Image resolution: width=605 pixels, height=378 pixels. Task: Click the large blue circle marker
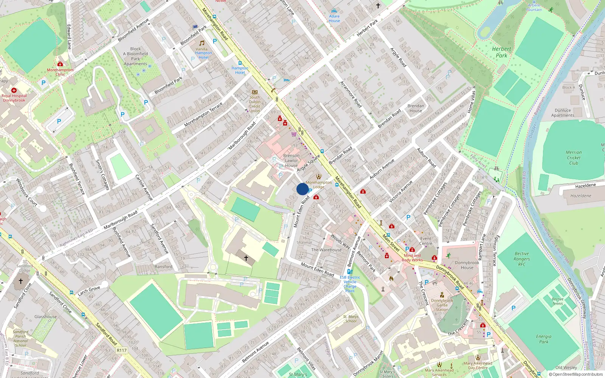(302, 189)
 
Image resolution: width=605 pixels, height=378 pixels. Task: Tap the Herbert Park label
(501, 52)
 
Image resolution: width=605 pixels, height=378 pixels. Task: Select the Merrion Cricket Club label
(574, 158)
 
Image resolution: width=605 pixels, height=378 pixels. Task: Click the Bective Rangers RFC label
(521, 259)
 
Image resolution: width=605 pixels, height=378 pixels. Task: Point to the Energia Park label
(543, 339)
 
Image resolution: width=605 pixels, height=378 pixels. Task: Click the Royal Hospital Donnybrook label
(14, 98)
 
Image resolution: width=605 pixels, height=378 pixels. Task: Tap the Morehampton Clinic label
(60, 72)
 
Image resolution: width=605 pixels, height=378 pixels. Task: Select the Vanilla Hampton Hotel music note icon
(202, 43)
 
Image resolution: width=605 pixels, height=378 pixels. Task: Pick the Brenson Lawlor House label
(291, 161)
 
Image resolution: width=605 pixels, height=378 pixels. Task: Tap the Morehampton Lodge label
(319, 184)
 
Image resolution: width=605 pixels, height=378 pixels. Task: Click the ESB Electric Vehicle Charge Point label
(350, 284)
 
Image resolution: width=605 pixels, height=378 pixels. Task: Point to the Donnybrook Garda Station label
(442, 305)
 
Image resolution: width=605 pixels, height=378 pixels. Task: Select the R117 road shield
(122, 350)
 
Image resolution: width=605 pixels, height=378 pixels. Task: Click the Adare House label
(334, 19)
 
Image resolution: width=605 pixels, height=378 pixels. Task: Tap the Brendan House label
(416, 108)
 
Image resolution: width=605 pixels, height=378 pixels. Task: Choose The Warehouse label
(326, 250)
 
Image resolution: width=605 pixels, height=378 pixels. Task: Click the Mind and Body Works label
(412, 258)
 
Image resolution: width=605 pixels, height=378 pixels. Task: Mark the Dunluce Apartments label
(563, 113)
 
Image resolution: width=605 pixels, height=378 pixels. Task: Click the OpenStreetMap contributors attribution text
(576, 375)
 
